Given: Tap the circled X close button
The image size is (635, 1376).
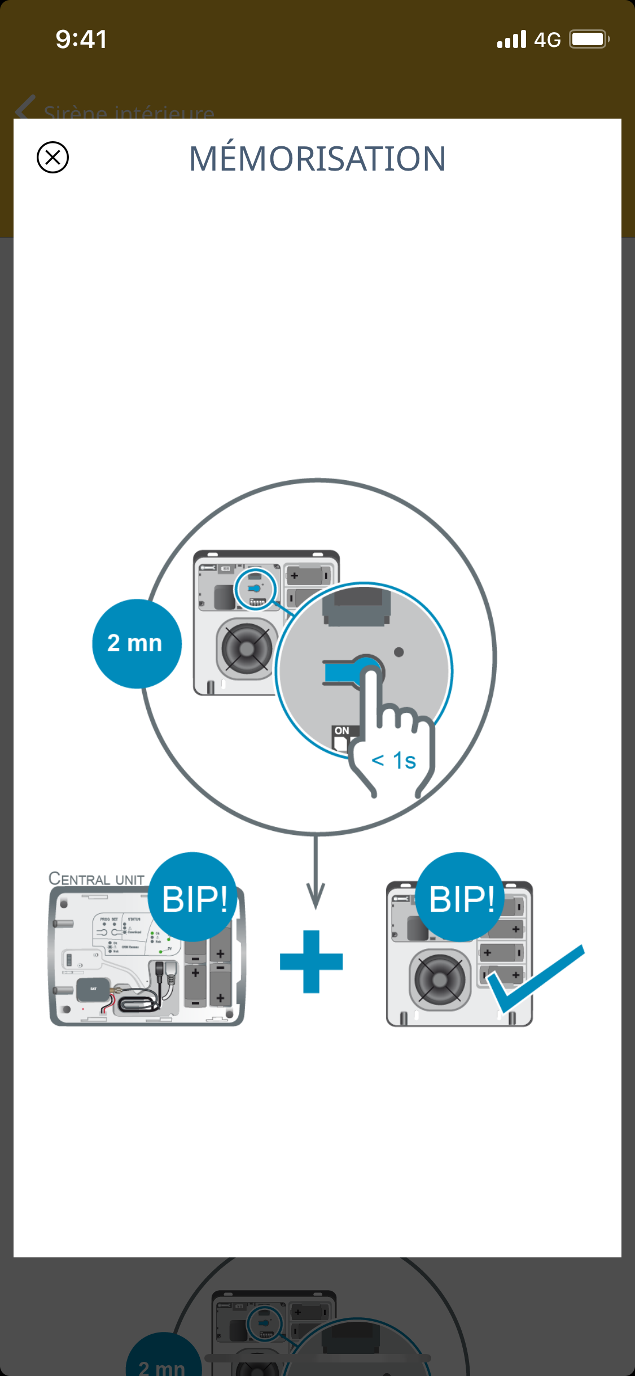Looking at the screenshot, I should pos(52,157).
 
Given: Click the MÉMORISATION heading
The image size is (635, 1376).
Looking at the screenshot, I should pos(317,159).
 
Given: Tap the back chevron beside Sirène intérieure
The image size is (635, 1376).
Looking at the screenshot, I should pos(25,107).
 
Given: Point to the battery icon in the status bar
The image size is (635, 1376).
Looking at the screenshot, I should pos(589,40).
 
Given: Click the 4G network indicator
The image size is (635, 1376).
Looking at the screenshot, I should pos(547,40).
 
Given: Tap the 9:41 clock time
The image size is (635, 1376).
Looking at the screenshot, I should pos(81,40).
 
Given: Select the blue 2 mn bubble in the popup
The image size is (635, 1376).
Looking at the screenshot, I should pos(136,643).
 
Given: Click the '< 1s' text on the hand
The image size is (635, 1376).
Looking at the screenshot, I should pos(394,761).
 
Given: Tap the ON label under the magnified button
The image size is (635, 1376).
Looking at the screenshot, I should pos(341,731).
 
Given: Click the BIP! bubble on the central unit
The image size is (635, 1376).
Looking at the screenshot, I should pos(194,898).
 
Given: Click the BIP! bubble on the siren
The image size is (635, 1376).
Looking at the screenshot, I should pos(461,898).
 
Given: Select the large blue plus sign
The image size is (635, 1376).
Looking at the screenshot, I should pos(312,961).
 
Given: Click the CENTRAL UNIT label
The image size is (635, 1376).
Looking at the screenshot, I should pos(97,879).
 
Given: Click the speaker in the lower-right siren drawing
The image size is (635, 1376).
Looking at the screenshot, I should pos(440,979).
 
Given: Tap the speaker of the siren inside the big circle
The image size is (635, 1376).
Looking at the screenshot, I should pos(246,648).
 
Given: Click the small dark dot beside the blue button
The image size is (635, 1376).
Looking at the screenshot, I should pos(398,652).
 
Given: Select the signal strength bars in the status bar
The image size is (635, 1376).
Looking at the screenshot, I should pos(511,40).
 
